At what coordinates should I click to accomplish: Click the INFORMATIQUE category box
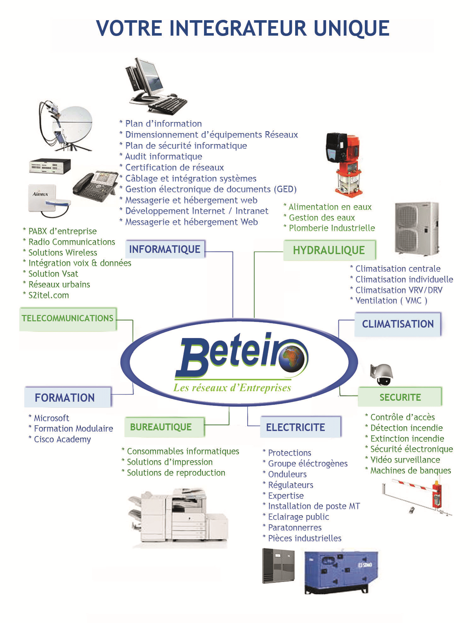coord(165,249)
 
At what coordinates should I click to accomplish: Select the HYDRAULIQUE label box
coord(329,250)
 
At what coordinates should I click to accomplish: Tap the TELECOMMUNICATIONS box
coord(67,318)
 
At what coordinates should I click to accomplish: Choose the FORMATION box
coord(65,398)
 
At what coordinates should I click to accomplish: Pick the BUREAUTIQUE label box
coord(161,427)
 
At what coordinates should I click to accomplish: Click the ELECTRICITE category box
coord(296,427)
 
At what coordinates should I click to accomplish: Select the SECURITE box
coord(400,397)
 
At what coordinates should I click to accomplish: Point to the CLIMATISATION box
coord(398,324)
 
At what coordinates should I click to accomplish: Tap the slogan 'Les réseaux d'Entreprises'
coord(232,388)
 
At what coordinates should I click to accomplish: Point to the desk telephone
coord(95,186)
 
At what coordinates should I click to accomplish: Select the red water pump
coord(345,164)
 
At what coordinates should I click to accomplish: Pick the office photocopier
coord(178,517)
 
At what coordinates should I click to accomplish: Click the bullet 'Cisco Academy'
coord(62,439)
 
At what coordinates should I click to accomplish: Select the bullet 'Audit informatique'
coord(163,156)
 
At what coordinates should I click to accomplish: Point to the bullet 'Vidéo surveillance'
coord(405,460)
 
